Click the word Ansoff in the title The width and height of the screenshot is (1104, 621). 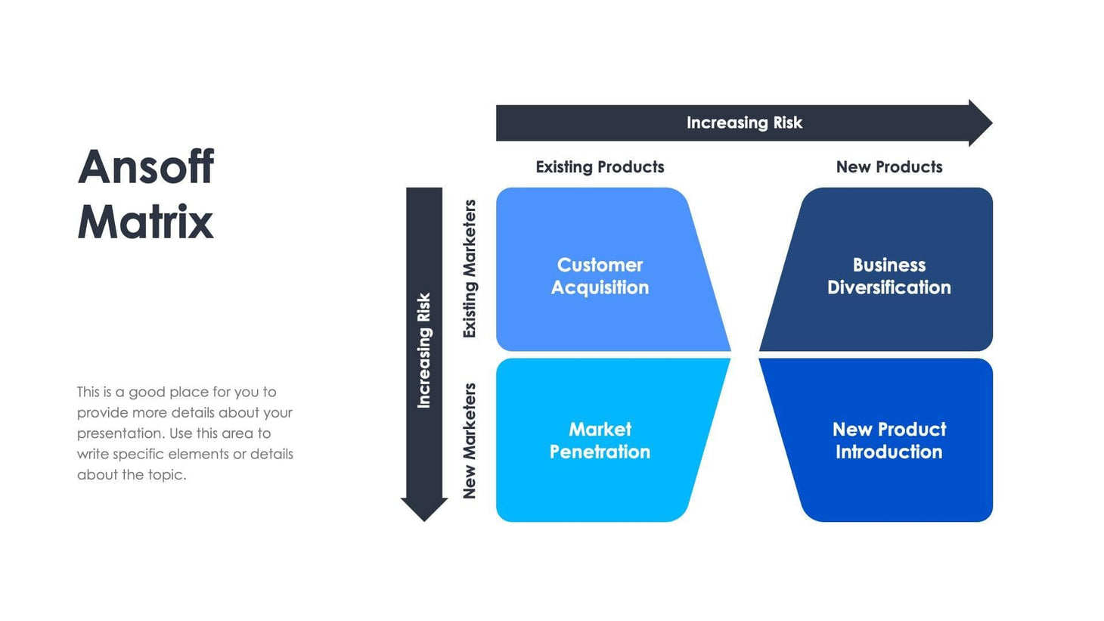click(146, 167)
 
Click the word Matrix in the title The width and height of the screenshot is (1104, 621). click(145, 222)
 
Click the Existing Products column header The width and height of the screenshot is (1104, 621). click(600, 167)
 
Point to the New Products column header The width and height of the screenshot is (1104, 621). click(888, 167)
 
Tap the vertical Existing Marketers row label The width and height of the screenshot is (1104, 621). click(470, 269)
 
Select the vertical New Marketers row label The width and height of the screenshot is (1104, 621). click(470, 441)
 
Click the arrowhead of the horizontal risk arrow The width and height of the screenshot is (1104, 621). click(980, 123)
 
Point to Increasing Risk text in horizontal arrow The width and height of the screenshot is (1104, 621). click(744, 123)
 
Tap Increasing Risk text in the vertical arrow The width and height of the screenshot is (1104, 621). click(424, 350)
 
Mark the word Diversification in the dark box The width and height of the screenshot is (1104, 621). click(888, 287)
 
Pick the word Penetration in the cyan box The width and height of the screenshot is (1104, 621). click(600, 452)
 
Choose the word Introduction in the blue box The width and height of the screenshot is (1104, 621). click(888, 452)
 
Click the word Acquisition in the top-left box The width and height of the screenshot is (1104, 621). click(600, 287)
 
